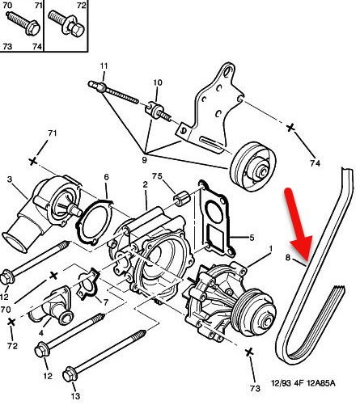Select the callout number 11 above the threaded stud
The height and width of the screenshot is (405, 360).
(x=104, y=65)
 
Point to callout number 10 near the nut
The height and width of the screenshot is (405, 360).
(x=157, y=82)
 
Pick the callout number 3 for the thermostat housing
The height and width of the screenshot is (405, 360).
(x=11, y=179)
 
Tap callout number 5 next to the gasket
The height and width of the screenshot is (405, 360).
(x=252, y=238)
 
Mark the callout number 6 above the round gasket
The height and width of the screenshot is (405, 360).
(x=106, y=176)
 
